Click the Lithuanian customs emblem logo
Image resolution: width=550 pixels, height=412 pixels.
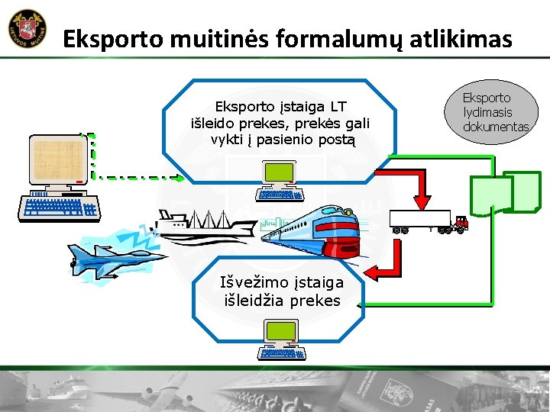28,29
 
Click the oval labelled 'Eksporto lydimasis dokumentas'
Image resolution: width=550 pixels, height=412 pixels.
495,111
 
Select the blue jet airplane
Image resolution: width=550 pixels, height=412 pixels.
111,252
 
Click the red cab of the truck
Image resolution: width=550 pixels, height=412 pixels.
461,223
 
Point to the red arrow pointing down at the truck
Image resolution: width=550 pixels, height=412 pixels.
419,186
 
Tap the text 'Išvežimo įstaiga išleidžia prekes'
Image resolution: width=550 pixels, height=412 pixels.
282,291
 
